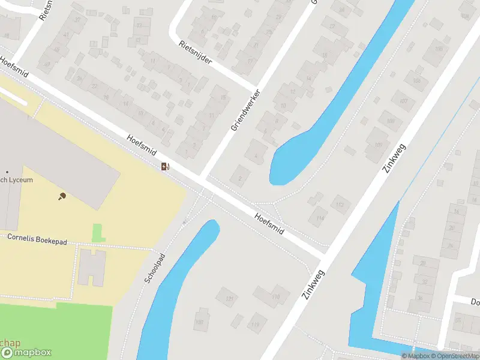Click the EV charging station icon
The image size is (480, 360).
coord(165,166)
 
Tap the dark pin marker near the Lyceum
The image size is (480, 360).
coord(62,196)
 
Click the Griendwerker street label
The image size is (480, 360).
coord(246,110)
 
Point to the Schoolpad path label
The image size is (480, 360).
coord(154,268)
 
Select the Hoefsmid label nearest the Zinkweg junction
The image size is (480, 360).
coord(269,223)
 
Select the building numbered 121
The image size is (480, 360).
coord(228,298)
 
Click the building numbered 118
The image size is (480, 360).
coord(275,296)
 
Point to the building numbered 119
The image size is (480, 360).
coord(256,325)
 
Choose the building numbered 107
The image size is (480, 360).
coord(403,100)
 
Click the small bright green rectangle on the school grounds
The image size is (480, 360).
coord(97,232)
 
